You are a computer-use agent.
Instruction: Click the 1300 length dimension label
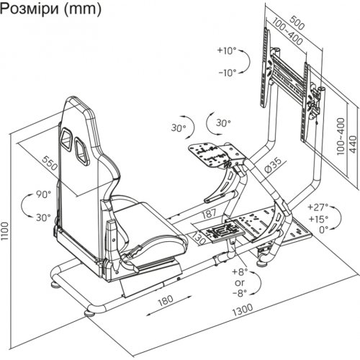point(243,310)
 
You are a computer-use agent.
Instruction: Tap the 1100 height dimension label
point(5,231)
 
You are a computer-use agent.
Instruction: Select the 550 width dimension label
point(50,163)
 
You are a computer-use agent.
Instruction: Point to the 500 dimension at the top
point(297,23)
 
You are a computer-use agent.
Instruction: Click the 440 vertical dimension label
point(353,144)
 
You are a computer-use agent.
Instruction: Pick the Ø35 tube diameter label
point(274,165)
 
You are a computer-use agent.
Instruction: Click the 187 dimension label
point(209,213)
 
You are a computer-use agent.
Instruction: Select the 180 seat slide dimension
point(166,300)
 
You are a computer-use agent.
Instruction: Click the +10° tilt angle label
point(227,50)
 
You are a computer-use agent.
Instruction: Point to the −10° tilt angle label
point(228,72)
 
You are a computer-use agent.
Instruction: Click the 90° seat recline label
point(44,194)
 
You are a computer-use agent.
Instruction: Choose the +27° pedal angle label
point(318,207)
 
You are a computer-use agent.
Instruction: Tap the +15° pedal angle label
point(318,219)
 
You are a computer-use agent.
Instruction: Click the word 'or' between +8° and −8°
point(240,283)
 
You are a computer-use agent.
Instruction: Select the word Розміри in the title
point(30,9)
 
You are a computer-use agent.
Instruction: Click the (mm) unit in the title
point(83,9)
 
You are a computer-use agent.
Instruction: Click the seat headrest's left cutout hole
point(66,139)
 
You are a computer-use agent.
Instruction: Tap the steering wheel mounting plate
point(209,154)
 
